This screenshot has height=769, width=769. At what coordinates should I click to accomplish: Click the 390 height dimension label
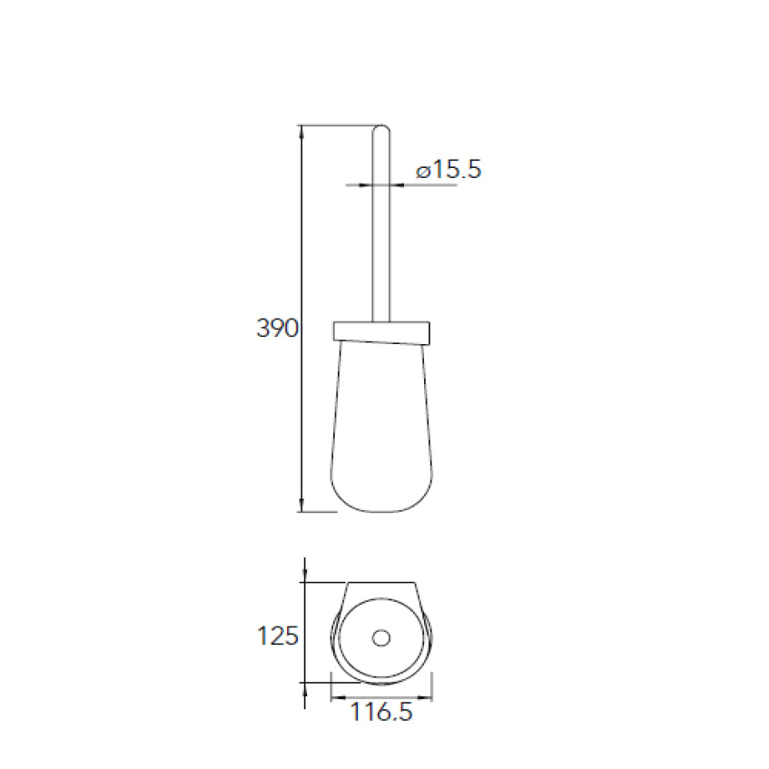[277, 329]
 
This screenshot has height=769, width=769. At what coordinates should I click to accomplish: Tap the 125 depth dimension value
[278, 636]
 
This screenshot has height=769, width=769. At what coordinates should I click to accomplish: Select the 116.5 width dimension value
[381, 713]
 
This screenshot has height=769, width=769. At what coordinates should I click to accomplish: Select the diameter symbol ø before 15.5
[422, 170]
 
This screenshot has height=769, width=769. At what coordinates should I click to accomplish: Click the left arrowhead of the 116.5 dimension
[334, 698]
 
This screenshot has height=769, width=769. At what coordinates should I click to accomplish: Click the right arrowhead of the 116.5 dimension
[430, 698]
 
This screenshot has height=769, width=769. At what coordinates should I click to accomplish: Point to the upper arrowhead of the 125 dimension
[304, 575]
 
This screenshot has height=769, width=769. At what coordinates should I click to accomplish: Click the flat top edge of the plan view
[381, 581]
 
